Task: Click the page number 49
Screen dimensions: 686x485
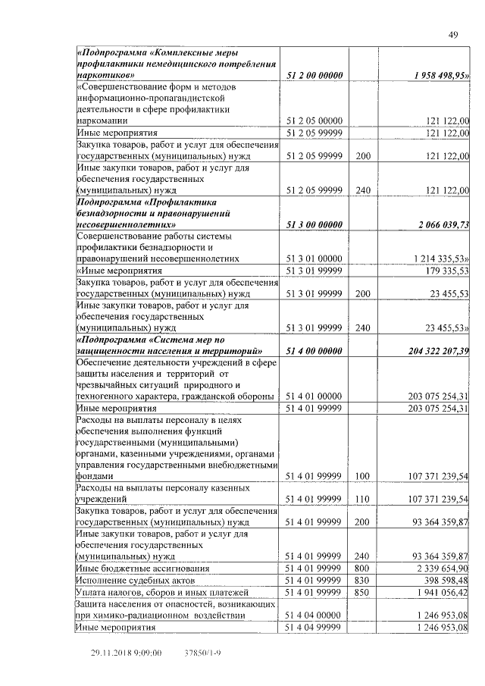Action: pyautogui.click(x=453, y=34)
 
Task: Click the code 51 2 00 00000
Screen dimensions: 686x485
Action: pyautogui.click(x=315, y=76)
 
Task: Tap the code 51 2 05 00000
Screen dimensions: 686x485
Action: pyautogui.click(x=315, y=121)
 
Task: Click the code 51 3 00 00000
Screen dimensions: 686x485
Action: pyautogui.click(x=315, y=224)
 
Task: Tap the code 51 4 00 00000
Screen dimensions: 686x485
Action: pyautogui.click(x=315, y=350)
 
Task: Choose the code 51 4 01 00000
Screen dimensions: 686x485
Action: pyautogui.click(x=315, y=396)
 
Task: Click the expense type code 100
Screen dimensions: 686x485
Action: pyautogui.click(x=362, y=475)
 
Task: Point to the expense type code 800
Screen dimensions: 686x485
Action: pyautogui.click(x=362, y=567)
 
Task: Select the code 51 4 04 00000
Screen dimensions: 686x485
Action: pyautogui.click(x=315, y=615)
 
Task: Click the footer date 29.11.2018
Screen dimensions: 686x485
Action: pyautogui.click(x=114, y=652)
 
